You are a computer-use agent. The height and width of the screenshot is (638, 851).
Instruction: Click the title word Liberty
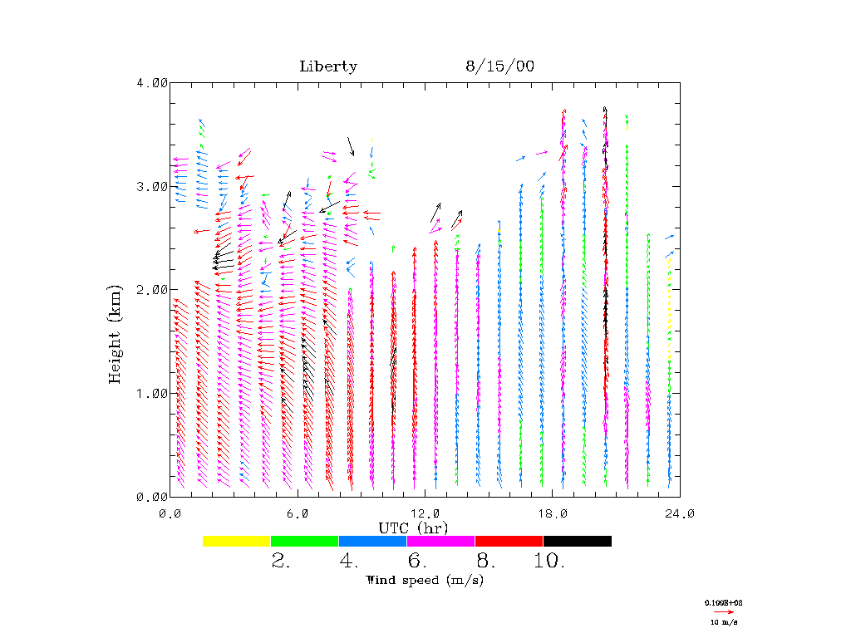(x=328, y=66)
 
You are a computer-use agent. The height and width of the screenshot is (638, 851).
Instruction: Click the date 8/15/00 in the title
(x=499, y=66)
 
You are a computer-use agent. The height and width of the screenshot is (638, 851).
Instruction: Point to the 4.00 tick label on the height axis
(x=152, y=82)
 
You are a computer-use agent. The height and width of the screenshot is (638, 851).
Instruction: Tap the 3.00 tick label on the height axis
(x=152, y=186)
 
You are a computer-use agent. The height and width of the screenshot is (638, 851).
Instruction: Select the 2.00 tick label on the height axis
(x=152, y=289)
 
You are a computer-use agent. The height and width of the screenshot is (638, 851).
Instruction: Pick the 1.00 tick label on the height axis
(x=152, y=393)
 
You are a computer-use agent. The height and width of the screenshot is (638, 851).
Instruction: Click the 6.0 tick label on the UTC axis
(x=298, y=513)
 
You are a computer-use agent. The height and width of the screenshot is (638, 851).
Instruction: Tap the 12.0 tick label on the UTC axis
(x=425, y=513)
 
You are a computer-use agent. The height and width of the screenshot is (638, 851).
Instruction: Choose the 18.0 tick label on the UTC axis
(x=553, y=513)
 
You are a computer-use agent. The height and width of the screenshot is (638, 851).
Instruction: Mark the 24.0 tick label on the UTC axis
(x=680, y=513)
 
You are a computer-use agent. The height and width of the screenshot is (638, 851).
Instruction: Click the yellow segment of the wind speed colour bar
(x=237, y=541)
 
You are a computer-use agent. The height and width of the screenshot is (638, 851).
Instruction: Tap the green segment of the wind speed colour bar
(x=305, y=541)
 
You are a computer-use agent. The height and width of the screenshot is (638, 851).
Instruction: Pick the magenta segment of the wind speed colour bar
(x=440, y=541)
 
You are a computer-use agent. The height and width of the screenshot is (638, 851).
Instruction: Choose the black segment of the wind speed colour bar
(x=577, y=541)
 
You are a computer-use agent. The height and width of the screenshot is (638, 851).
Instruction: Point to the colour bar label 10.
(x=549, y=562)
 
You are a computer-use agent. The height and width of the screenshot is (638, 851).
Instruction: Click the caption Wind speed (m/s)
(x=424, y=580)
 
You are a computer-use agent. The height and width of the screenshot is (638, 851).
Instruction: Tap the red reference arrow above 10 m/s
(x=724, y=611)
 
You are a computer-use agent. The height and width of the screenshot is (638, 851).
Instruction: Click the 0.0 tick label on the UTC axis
(x=170, y=513)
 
